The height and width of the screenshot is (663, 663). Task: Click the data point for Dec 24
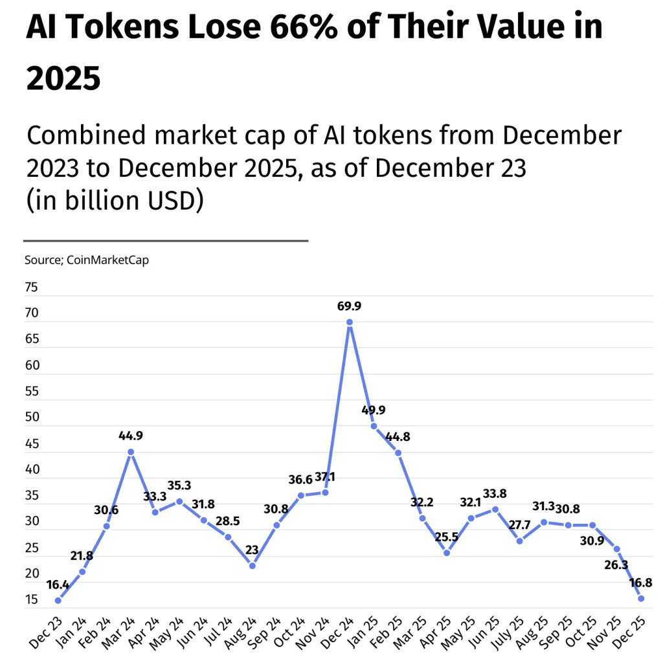pyautogui.click(x=350, y=322)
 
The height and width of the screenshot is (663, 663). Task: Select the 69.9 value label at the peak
pyautogui.click(x=350, y=306)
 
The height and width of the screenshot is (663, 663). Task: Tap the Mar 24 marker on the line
pyautogui.click(x=131, y=452)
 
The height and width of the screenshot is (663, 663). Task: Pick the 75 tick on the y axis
pyautogui.click(x=32, y=287)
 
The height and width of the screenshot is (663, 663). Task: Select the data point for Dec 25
pyautogui.click(x=641, y=598)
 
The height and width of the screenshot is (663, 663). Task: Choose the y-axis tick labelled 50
pyautogui.click(x=32, y=418)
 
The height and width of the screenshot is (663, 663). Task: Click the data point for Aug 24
pyautogui.click(x=253, y=565)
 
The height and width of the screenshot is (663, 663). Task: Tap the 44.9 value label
pyautogui.click(x=131, y=436)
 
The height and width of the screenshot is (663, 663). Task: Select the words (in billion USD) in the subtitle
pyautogui.click(x=115, y=201)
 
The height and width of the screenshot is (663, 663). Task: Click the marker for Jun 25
pyautogui.click(x=495, y=509)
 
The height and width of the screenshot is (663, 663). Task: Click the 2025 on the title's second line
pyautogui.click(x=63, y=79)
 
